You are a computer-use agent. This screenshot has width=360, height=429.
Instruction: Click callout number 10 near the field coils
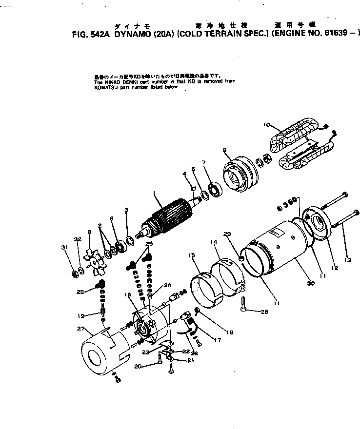tap(266, 125)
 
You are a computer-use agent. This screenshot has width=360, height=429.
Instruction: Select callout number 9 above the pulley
tap(225, 150)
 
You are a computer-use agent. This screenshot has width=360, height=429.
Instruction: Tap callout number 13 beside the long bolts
tap(348, 260)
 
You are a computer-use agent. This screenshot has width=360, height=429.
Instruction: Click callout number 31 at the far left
tap(63, 248)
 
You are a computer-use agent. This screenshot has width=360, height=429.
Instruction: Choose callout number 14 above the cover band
tap(213, 242)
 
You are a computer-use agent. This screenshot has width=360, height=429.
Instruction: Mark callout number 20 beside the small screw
tap(152, 366)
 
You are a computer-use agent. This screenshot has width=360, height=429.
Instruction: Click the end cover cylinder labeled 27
tap(100, 351)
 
